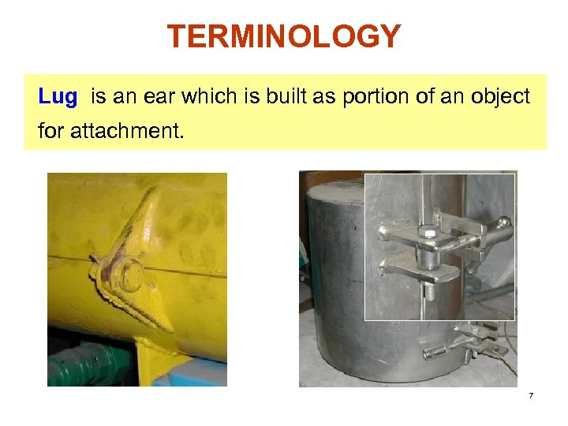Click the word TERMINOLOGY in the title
coord(284,36)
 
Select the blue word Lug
coord(58,97)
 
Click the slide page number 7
coord(531,394)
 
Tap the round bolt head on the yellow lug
coord(130,275)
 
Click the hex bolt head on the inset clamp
coord(428,234)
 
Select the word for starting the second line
coord(51,130)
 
